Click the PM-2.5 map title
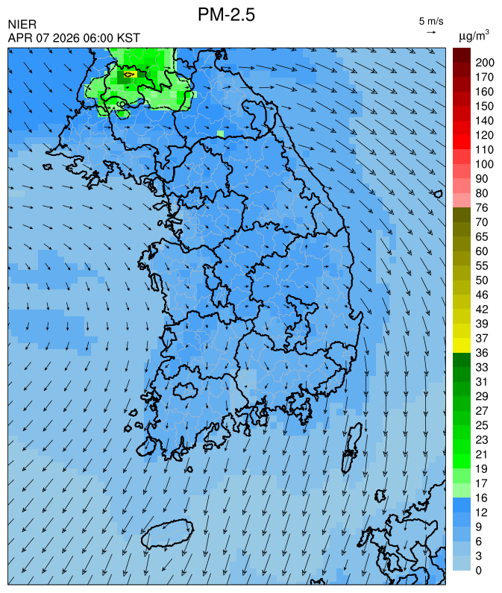click(x=226, y=14)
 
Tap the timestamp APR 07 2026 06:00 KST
click(x=74, y=38)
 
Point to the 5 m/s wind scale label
click(x=431, y=21)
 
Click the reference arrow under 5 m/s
click(x=431, y=32)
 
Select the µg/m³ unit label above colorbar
click(x=474, y=35)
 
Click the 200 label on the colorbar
click(x=474, y=63)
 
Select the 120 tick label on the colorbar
click(x=474, y=135)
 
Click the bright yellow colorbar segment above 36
click(x=461, y=345)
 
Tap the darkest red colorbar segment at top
click(x=461, y=54)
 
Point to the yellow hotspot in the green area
click(x=128, y=75)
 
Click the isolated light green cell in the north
click(x=220, y=134)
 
